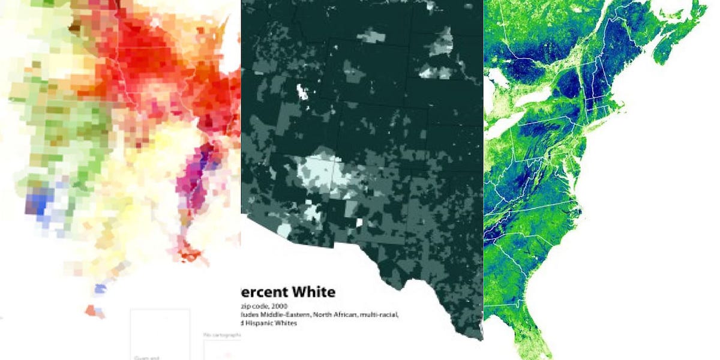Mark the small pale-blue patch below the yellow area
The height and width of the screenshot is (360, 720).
pyautogui.click(x=99, y=289)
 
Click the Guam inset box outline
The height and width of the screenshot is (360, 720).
pyautogui.click(x=160, y=334)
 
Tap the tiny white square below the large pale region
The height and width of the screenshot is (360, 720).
pyautogui.click(x=359, y=223)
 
